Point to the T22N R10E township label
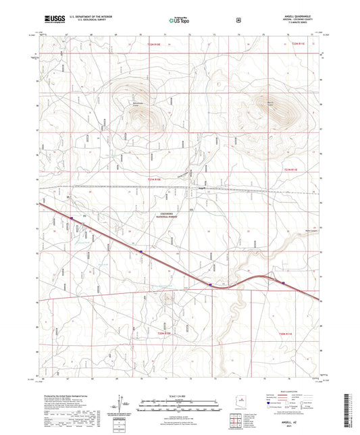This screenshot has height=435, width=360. (x=154, y=42)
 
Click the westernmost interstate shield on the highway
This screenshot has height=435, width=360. (x=72, y=217)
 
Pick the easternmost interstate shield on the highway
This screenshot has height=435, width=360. (x=284, y=274)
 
